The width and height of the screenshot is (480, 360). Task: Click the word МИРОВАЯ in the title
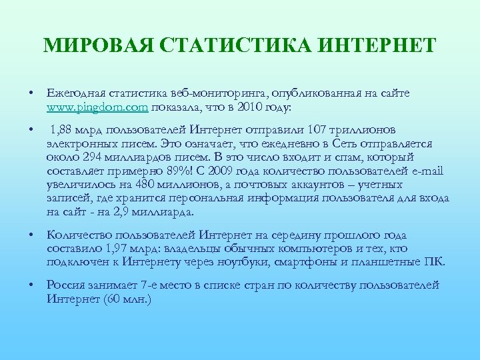pyautogui.click(x=96, y=46)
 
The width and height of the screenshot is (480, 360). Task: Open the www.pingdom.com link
pyautogui.click(x=98, y=107)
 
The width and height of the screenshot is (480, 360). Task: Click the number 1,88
pyautogui.click(x=63, y=129)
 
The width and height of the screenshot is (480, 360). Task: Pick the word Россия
pyautogui.click(x=67, y=285)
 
